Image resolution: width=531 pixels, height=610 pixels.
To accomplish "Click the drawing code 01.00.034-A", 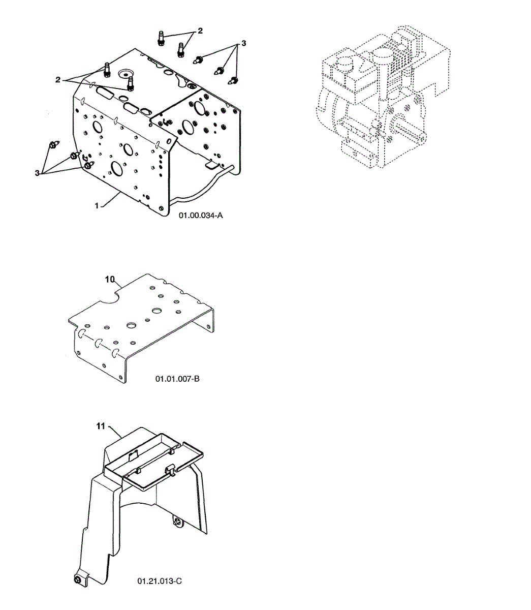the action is pos(201,216).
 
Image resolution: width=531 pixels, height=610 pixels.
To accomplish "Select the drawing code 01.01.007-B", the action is pos(177,379).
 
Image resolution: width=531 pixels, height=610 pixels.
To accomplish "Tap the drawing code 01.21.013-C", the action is pos(159,581).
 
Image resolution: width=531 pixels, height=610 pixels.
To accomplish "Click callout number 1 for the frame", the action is pos(97,205).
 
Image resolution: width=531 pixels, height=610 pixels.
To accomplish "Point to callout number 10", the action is pos(111,279).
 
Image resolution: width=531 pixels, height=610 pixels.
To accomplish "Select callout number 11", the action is pos(101,426).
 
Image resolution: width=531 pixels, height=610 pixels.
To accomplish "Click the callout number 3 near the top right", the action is pos(243,43).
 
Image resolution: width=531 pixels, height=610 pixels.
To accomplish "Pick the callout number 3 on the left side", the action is pos(37,173).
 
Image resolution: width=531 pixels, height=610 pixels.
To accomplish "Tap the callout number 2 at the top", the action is pos(200,31).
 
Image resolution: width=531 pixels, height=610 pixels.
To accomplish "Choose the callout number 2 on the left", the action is pos(58,79).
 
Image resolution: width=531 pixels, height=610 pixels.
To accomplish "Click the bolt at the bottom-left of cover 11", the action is pos(77,580).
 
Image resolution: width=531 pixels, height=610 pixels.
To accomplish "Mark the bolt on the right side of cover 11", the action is pos(177,521).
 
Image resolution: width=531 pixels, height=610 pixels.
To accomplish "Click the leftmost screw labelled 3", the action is pos(53,144).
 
